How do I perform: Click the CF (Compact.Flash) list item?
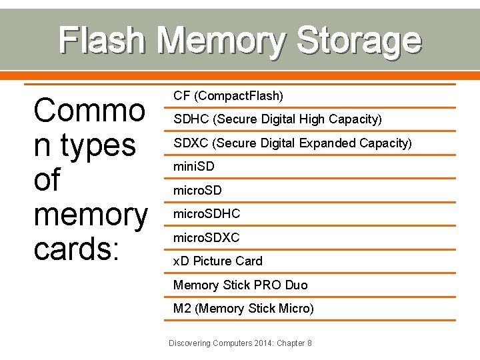pos(228,96)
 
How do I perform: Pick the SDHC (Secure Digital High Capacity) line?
pos(277,119)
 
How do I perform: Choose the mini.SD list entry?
pos(193,167)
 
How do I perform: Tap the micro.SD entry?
pos(197,191)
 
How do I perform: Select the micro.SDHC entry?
pos(207,214)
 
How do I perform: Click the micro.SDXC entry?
pos(207,238)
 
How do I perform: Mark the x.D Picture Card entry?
pos(217,261)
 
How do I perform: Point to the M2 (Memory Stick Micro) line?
pos(243,309)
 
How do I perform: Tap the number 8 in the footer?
pos(309,343)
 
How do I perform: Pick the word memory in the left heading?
pos(90,215)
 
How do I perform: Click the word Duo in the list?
pos(296,285)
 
